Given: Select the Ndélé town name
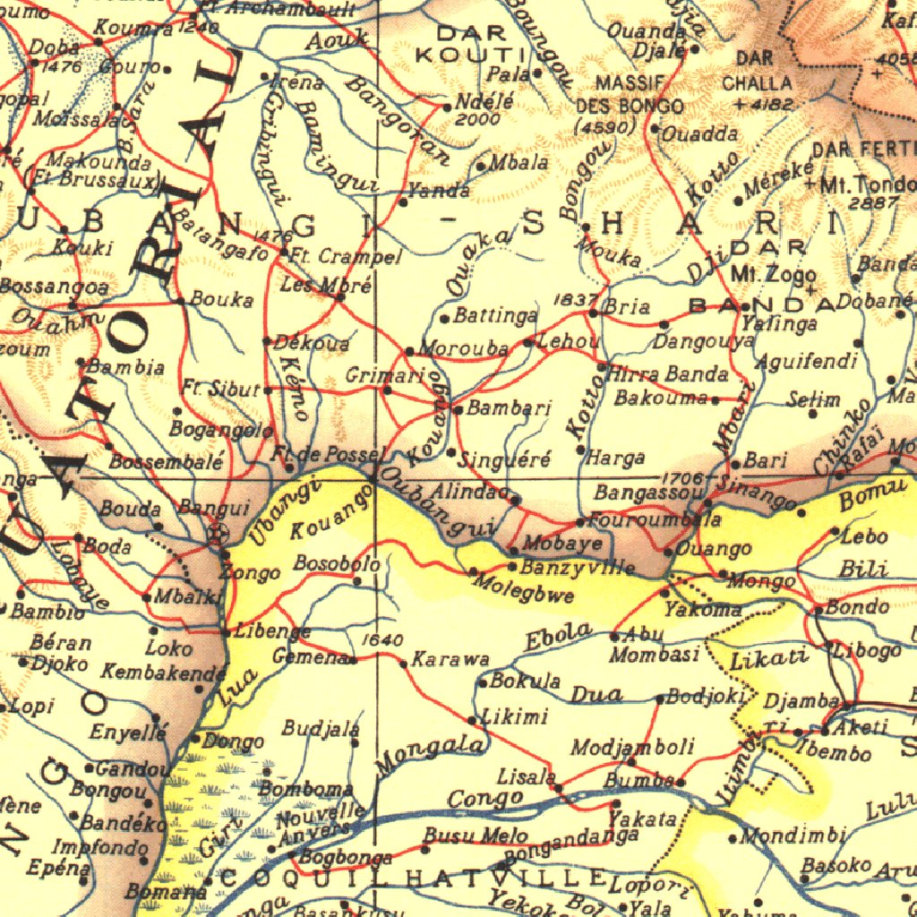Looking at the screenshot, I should point(484,102).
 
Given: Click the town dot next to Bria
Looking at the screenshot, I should point(594,313).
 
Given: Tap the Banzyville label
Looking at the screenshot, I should point(578,567).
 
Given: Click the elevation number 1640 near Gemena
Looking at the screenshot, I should point(383,639).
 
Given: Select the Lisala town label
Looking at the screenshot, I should point(527,777).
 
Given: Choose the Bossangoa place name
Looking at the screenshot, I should point(54,287).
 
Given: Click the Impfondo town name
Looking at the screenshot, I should point(99,846).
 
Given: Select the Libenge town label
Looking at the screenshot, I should point(272,630).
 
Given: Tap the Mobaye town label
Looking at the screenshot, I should point(562,543).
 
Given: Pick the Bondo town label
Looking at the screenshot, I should point(856,606).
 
